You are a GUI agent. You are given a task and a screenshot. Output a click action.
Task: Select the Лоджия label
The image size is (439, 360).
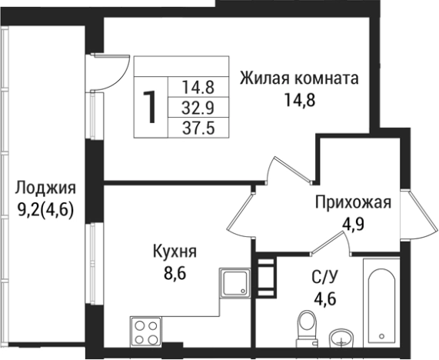tap(45, 188)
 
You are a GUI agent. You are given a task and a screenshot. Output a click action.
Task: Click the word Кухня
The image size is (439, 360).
tap(175, 251)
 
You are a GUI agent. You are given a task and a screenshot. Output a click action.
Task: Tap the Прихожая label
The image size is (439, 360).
tap(353, 203)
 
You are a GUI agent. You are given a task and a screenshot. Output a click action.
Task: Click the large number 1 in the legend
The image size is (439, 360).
tap(151, 107)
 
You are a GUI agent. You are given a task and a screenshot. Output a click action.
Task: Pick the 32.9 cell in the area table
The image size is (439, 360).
tap(198, 108)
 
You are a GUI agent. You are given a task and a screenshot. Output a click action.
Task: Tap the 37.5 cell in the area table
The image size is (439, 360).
tap(198, 128)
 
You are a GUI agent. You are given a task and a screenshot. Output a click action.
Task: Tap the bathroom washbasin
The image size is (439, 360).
tap(341, 338)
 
